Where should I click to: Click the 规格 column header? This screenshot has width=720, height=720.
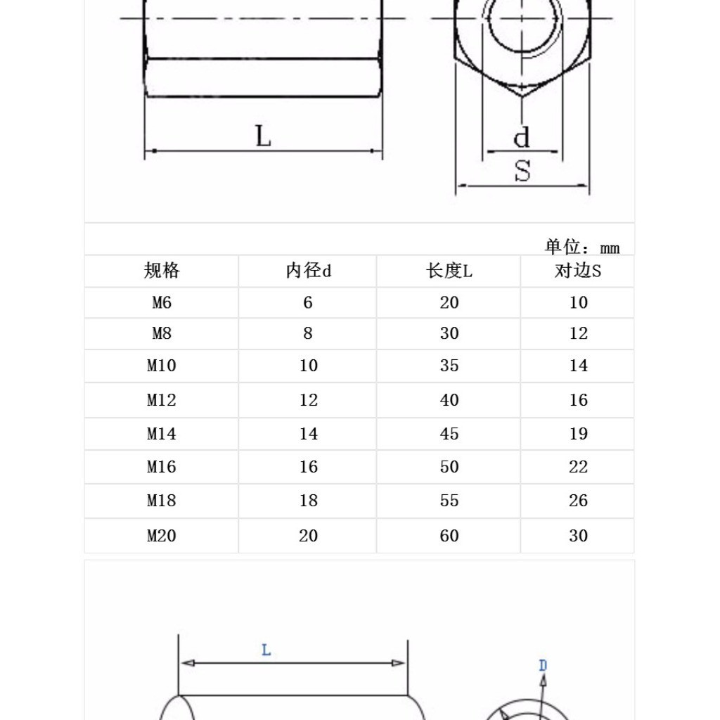tap(162, 271)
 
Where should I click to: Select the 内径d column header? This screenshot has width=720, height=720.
tap(308, 271)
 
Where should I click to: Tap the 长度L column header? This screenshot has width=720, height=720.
tap(449, 271)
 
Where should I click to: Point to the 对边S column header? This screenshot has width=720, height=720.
tap(578, 271)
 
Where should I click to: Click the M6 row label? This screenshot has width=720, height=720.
tap(162, 302)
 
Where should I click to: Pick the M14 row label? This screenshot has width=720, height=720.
tap(162, 434)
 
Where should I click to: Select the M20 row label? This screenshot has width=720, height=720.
tap(162, 536)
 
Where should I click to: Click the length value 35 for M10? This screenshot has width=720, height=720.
tap(449, 366)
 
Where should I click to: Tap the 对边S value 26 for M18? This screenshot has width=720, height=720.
tap(578, 501)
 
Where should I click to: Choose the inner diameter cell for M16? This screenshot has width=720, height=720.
tap(308, 467)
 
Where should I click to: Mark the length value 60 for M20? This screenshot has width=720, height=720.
tap(449, 536)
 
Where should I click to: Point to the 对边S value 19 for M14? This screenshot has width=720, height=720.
tap(578, 434)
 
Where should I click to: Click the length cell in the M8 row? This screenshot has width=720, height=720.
tap(449, 333)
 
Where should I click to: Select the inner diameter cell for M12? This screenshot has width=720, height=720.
tap(308, 400)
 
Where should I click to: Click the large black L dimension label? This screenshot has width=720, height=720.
tap(263, 136)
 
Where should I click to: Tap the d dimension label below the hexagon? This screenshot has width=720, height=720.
tap(521, 137)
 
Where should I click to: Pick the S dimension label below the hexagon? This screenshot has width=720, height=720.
tap(522, 171)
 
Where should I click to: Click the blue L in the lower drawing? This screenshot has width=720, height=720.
tap(266, 650)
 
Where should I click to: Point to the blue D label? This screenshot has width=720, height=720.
tap(543, 665)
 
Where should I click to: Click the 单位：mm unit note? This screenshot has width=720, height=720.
tap(582, 247)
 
